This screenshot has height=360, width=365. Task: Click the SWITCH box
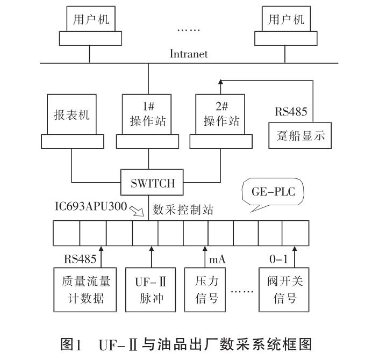pos(153,183)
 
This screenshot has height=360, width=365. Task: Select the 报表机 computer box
pos(72,115)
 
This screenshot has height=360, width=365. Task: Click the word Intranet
pos(189,54)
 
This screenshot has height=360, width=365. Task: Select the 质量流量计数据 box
pos(82,289)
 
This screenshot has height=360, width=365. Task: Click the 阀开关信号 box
pos(284,289)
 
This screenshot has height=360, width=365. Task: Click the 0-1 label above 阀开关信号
pos(278,259)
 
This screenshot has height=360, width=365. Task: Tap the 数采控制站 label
pos(183,210)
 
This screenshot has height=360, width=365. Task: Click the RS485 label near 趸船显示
pos(291,112)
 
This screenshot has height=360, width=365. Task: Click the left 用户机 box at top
pos(91,20)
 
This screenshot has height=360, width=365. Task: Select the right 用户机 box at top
pos(287,20)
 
